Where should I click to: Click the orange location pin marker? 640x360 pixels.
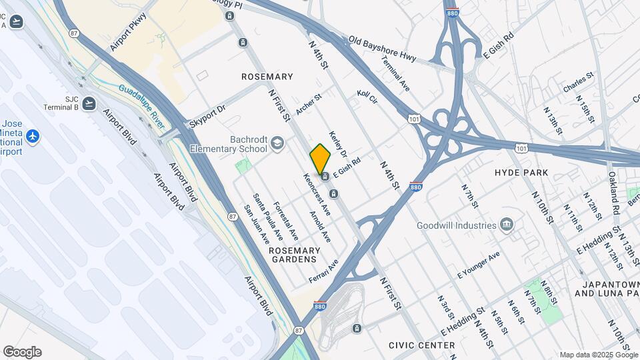click(320, 159)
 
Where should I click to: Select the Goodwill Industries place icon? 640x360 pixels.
click(507, 225)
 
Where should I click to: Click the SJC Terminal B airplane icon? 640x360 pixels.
click(89, 103)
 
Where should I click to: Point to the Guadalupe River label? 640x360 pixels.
click(142, 98)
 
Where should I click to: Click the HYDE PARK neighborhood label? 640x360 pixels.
click(521, 173)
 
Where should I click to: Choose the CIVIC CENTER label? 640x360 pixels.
click(422, 345)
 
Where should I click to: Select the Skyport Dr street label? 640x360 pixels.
click(207, 115)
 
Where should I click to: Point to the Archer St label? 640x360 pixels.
click(309, 103)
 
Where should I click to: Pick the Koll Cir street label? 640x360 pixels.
click(367, 97)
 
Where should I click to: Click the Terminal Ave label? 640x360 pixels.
click(396, 73)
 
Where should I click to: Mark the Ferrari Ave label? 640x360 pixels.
click(323, 271)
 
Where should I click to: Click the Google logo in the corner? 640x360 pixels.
click(22, 352)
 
